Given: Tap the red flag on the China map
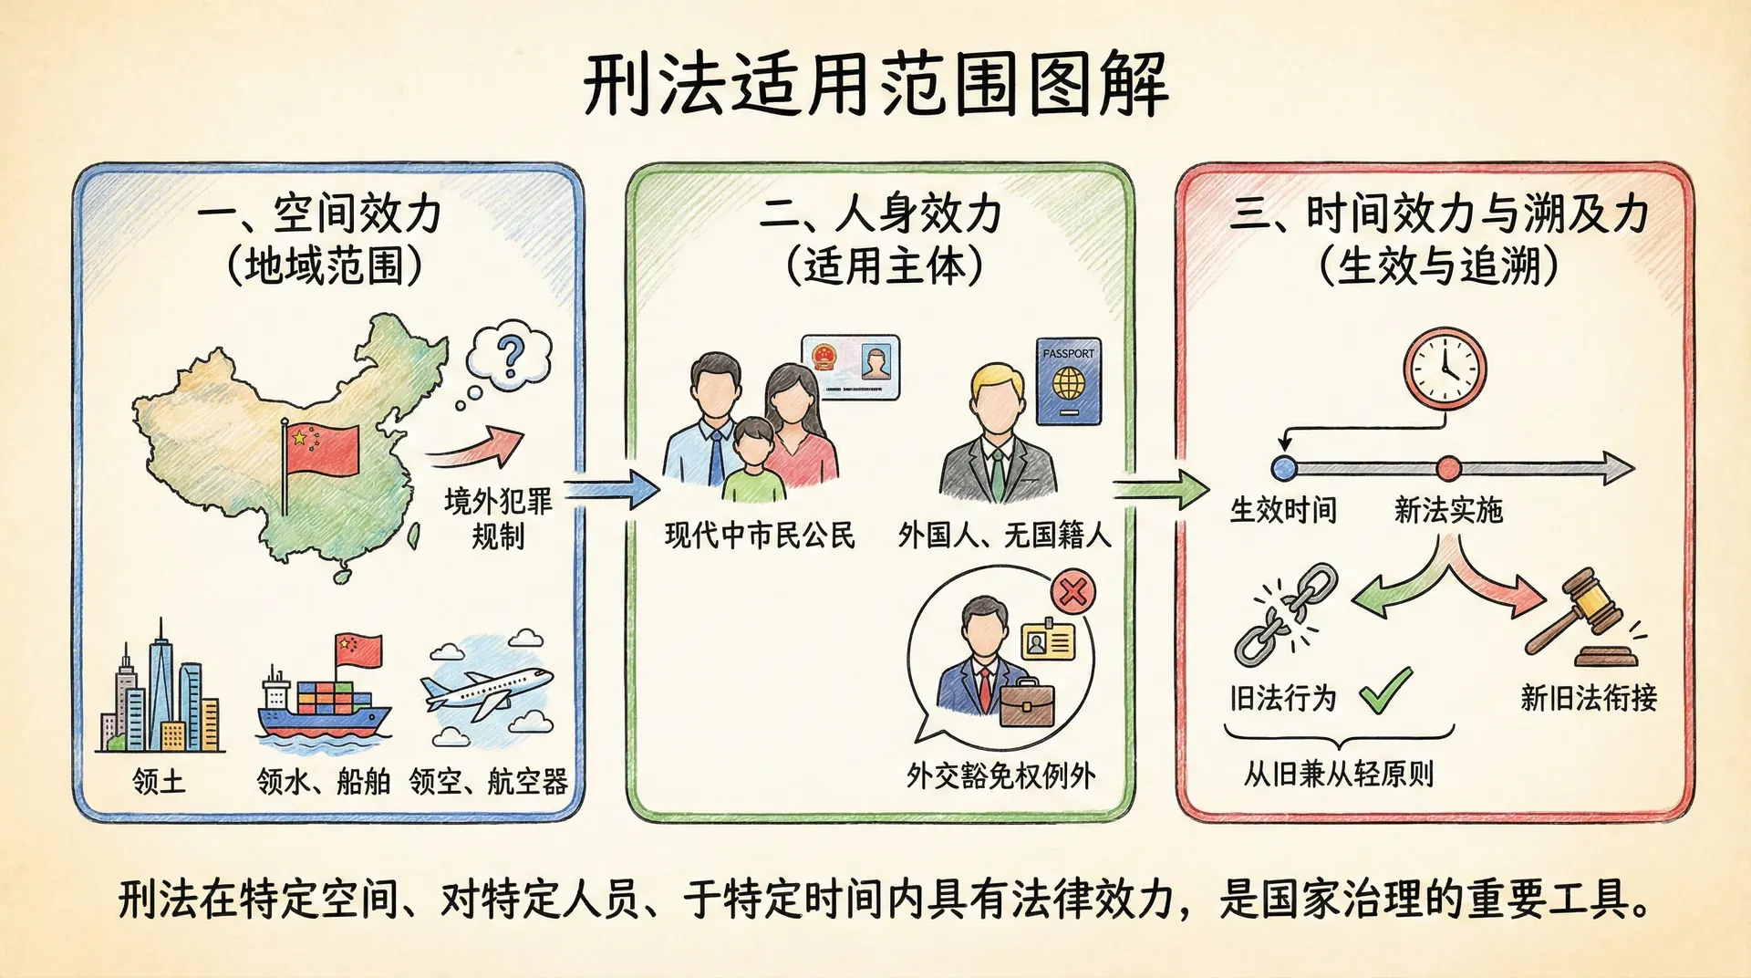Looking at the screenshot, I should (x=322, y=450).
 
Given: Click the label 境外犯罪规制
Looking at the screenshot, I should (x=498, y=518).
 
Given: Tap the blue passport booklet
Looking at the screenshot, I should (x=1068, y=382).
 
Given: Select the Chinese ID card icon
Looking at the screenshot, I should (x=850, y=368).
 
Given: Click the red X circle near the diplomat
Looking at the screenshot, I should (x=1072, y=592).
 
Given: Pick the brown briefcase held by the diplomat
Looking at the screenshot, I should (x=1027, y=702).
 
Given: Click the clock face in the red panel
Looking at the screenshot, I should (x=1445, y=369).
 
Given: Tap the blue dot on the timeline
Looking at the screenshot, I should (x=1284, y=469).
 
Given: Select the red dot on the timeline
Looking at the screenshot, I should (x=1448, y=469).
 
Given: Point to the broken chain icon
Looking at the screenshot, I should (x=1285, y=614).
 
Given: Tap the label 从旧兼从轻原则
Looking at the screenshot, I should (x=1339, y=774).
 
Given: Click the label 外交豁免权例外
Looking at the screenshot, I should (x=1000, y=775).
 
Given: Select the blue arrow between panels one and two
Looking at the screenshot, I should (x=612, y=490).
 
